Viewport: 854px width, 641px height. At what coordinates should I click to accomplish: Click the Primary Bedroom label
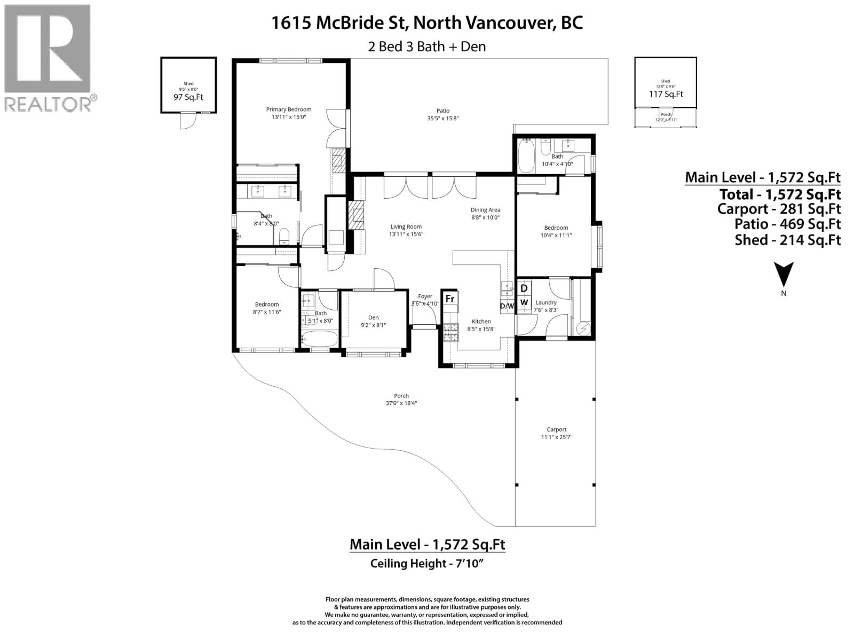coord(288,110)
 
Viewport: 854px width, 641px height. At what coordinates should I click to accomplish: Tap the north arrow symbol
coord(784,276)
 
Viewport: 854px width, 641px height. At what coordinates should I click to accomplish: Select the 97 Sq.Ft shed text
coord(188,97)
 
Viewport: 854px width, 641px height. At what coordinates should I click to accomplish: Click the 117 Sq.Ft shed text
coord(666,94)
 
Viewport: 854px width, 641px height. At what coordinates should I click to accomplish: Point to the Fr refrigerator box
coord(450,299)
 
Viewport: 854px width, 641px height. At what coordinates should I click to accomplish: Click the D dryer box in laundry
coord(524,288)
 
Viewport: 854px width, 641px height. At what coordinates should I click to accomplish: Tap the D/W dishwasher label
coord(507,306)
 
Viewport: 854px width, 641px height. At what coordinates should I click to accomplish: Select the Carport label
coord(556,429)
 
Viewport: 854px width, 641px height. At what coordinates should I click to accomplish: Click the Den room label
coord(373,317)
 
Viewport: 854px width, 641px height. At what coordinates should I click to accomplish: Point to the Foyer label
coord(425,296)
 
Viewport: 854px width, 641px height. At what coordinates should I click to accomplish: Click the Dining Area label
coord(485,210)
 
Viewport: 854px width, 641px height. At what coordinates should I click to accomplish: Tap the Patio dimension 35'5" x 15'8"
coord(443,119)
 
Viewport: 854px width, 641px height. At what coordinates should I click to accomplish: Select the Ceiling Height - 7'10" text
coord(426,563)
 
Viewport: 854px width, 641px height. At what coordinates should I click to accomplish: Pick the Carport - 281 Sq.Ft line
coord(779,209)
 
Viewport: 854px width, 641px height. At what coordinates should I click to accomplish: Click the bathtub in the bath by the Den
coord(319,339)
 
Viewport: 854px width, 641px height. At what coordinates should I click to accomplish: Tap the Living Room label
coord(406,226)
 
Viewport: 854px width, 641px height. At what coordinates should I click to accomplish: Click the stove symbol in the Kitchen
coord(450,333)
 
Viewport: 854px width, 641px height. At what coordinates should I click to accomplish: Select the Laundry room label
coord(545,302)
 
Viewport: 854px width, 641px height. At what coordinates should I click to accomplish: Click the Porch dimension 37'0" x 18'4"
coord(401,403)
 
